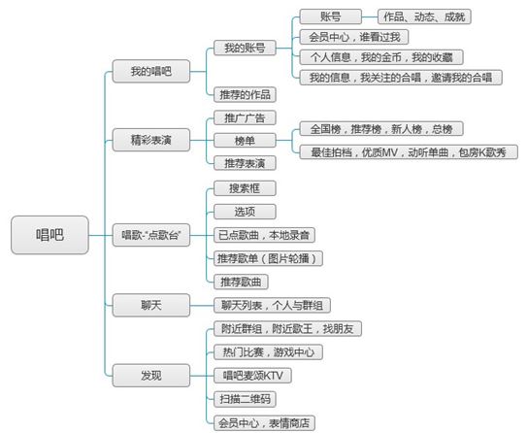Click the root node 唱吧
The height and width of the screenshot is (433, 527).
click(x=49, y=235)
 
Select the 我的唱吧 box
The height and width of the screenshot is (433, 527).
click(x=150, y=71)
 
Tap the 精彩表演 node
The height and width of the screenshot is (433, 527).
click(x=150, y=140)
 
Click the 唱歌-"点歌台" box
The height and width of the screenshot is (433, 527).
click(x=150, y=235)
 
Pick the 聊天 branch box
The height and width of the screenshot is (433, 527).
click(x=150, y=305)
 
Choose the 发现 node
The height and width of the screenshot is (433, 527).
click(x=150, y=375)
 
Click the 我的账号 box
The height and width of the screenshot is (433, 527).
click(x=245, y=49)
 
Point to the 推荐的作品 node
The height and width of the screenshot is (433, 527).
click(x=245, y=94)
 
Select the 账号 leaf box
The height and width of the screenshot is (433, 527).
click(x=330, y=17)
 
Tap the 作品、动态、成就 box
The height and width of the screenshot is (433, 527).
click(x=424, y=17)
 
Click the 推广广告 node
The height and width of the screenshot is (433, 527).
click(x=245, y=118)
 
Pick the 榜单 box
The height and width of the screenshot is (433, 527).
click(x=245, y=141)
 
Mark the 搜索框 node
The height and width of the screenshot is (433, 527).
click(x=245, y=188)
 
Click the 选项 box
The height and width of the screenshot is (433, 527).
click(x=245, y=212)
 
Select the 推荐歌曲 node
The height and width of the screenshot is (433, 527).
click(x=241, y=282)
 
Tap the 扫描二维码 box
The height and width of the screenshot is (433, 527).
click(x=245, y=399)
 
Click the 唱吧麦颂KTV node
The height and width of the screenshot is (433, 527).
click(x=252, y=376)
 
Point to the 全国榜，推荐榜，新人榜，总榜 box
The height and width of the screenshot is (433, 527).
click(x=381, y=129)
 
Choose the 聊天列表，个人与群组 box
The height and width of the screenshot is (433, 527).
click(x=272, y=305)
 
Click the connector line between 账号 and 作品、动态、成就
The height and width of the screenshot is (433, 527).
click(x=370, y=17)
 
